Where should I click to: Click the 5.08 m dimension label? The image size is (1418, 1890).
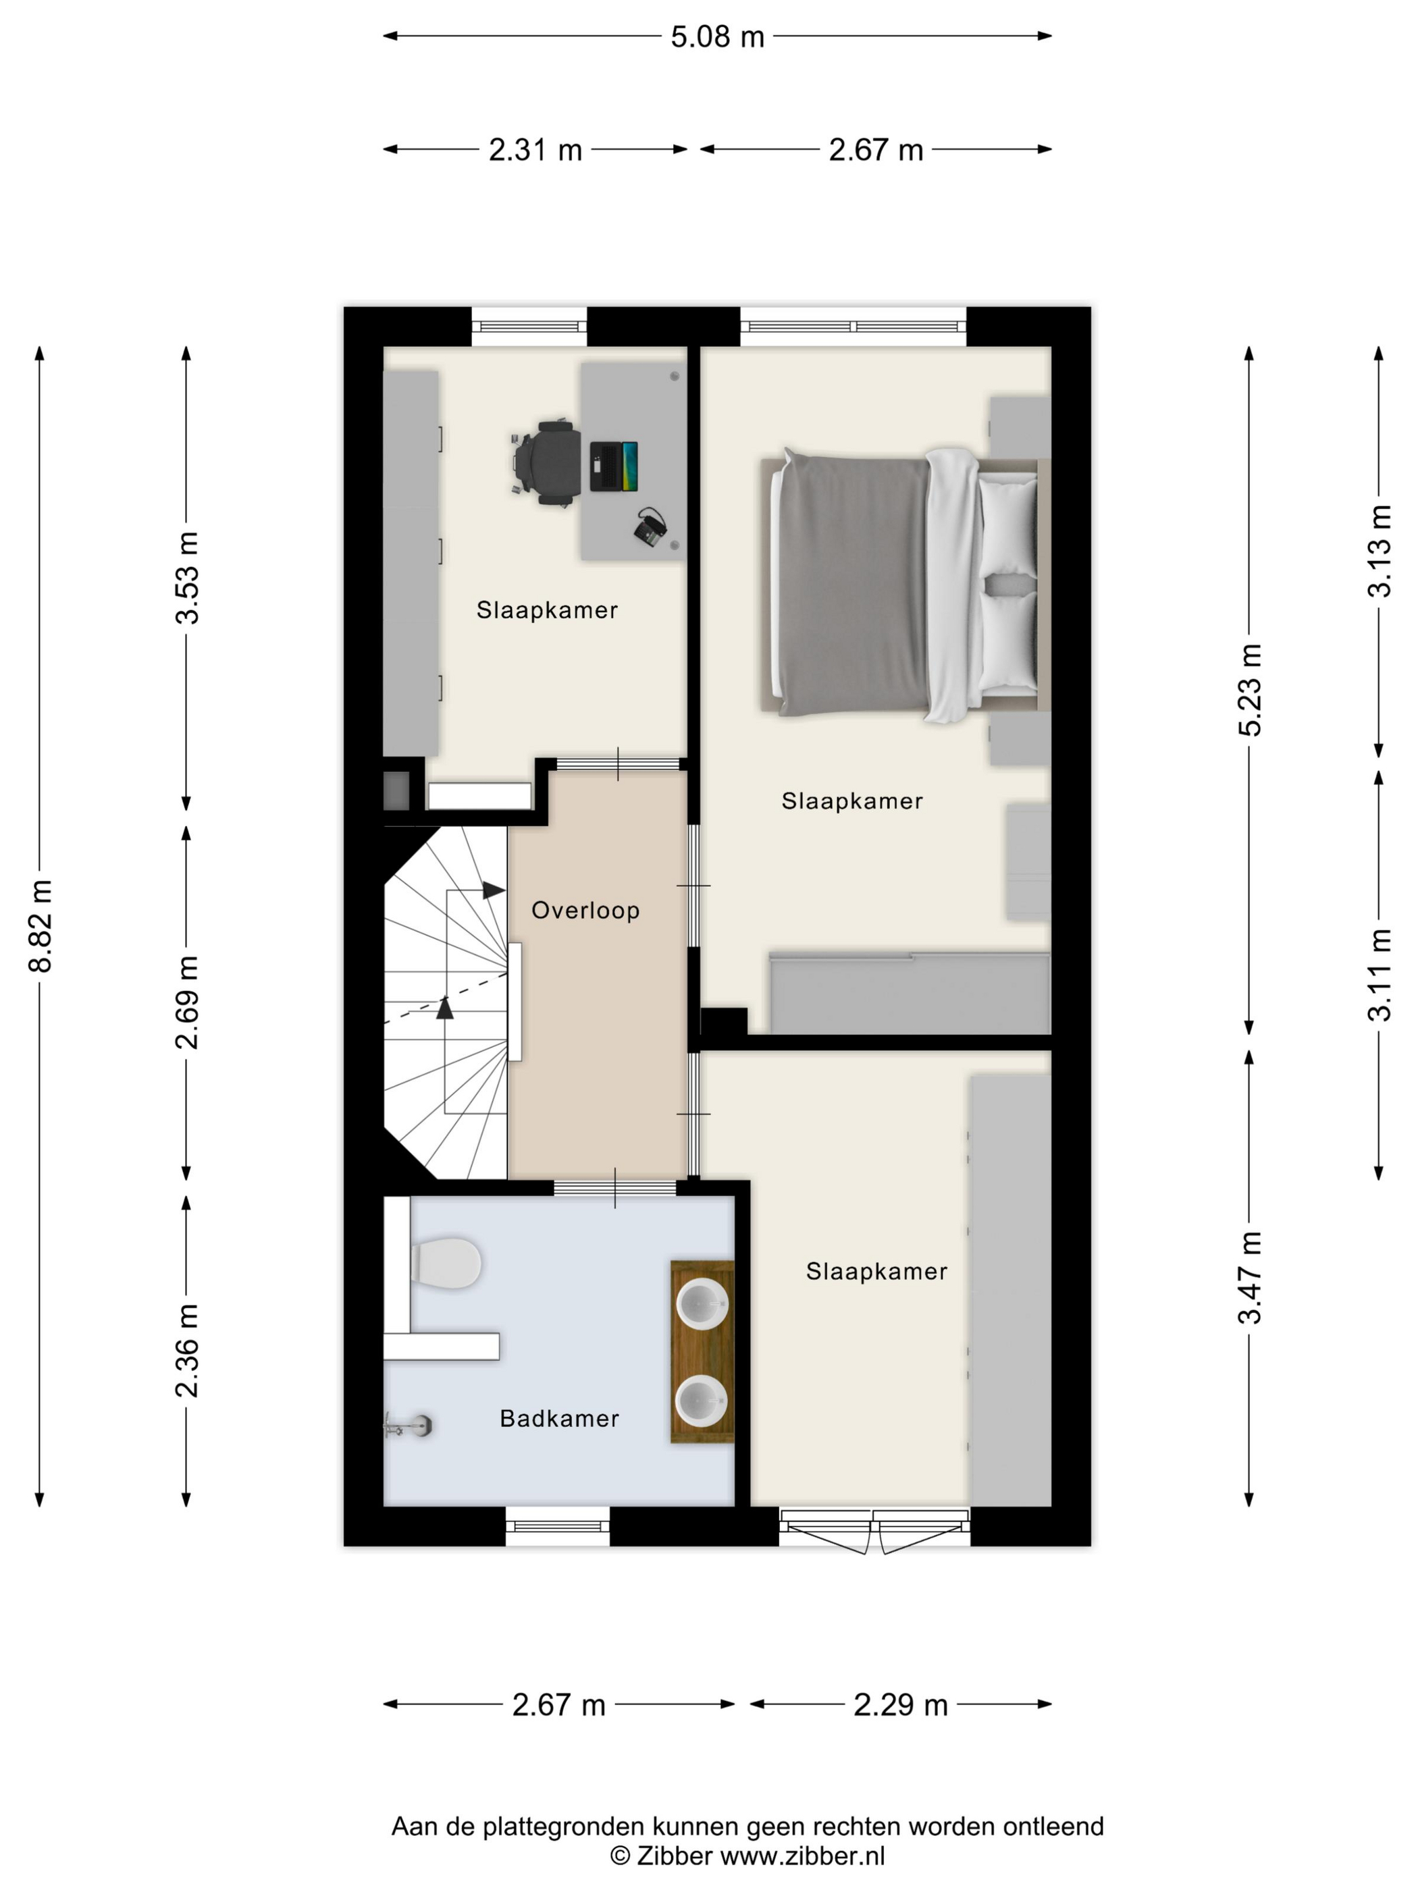[x=717, y=36]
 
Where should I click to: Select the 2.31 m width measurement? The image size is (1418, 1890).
[x=535, y=151]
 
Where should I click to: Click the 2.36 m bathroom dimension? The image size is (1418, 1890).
[x=186, y=1351]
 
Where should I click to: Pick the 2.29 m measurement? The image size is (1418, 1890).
[x=901, y=1706]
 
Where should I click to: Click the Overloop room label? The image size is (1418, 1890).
[x=585, y=911]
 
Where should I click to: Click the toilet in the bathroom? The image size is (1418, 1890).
[x=445, y=1263]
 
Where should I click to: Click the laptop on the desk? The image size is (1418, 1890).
[x=614, y=466]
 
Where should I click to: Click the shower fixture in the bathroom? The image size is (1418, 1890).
[x=409, y=1424]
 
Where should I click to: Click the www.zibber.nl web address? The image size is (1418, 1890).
[x=803, y=1856]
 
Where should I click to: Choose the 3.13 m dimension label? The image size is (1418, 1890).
[x=1380, y=551]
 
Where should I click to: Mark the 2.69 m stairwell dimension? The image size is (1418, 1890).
[x=186, y=1002]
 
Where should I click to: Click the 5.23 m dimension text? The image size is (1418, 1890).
[x=1250, y=691]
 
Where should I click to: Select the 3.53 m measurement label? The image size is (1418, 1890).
[x=186, y=578]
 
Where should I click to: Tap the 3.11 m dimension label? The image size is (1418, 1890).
[x=1380, y=975]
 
